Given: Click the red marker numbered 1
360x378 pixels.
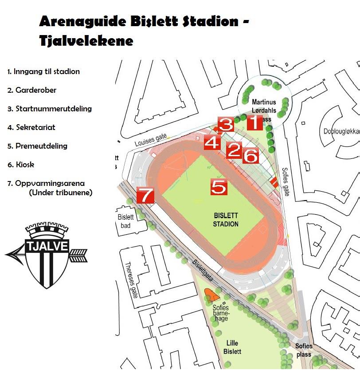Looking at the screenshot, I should tap(254, 122).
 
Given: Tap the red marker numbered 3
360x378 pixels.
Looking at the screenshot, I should tap(226, 124).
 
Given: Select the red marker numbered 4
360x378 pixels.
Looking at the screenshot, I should tap(212, 142).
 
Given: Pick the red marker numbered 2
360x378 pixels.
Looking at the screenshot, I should tap(234, 151).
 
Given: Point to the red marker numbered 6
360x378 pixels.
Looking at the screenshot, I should tap(250, 155).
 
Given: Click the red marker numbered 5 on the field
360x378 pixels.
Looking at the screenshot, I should tap(219, 187).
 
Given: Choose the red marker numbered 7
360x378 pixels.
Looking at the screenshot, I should tap(145, 195).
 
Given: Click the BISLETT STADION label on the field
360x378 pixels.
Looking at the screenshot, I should tap(226, 219).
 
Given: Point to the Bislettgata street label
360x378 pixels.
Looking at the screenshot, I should tap(203, 270).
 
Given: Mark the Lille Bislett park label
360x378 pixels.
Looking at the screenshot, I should tap(234, 347).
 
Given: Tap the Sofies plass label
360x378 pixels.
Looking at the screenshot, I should tap(304, 350).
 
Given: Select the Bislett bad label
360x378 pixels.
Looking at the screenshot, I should tap(125, 221).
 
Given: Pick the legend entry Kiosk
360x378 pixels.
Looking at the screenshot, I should tap(21, 165).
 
